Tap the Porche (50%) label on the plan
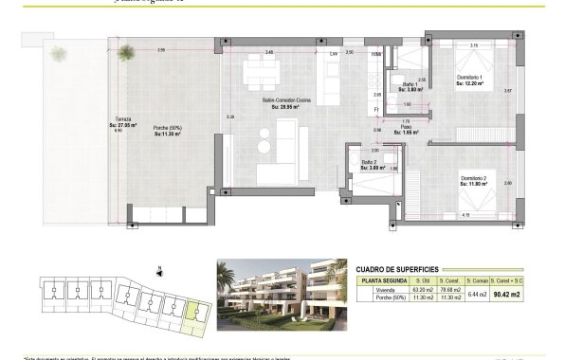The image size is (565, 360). pyautogui.click(x=170, y=130)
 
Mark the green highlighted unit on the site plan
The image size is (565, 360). pyautogui.click(x=195, y=312)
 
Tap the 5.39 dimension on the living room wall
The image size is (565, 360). pyautogui.click(x=229, y=117)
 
